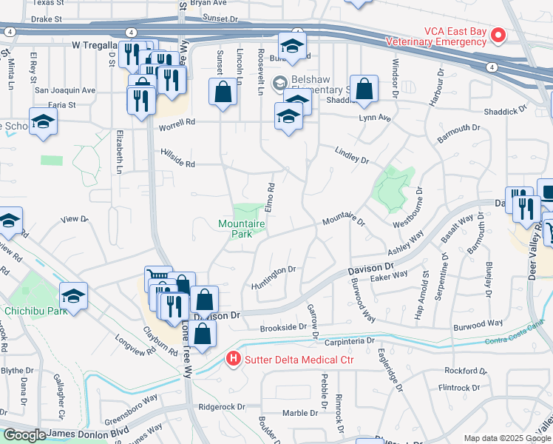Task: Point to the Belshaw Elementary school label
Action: [x=318, y=82]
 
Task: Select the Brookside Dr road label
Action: [x=282, y=327]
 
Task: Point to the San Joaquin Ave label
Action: [x=65, y=90]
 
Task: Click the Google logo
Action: [x=24, y=435]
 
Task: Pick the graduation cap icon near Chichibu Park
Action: [x=74, y=296]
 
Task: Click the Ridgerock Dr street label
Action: [x=222, y=407]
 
